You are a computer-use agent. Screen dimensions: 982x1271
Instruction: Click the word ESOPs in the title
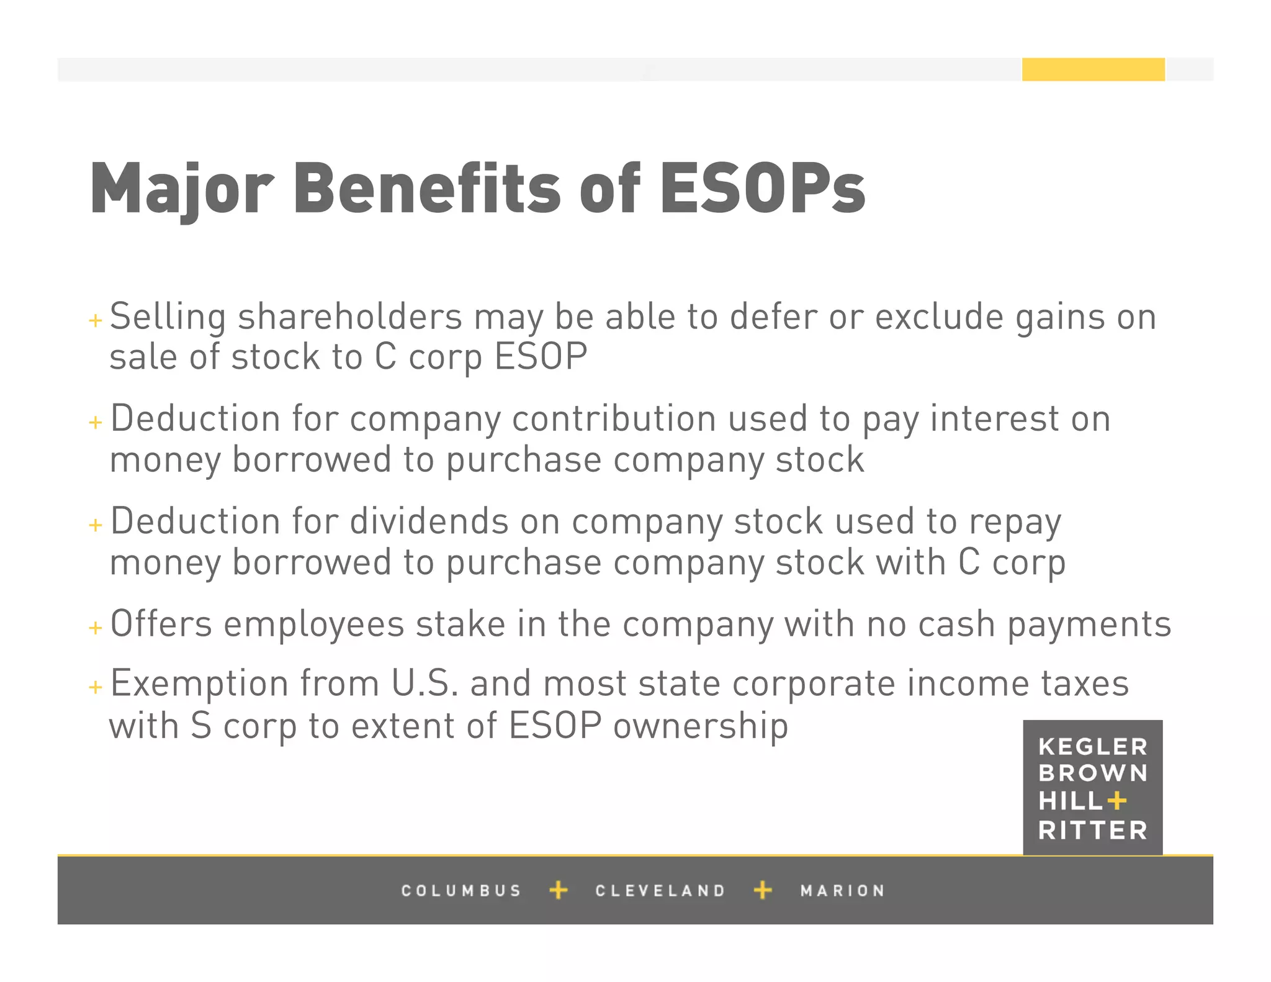762,188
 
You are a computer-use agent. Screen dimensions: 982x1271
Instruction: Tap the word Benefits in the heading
427,188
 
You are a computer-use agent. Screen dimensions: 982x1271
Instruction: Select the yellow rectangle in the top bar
1093,70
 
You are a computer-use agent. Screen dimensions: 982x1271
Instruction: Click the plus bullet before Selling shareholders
95,320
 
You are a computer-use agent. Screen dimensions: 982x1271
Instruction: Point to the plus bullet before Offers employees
95,628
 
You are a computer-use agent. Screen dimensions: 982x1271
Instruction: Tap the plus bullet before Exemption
95,687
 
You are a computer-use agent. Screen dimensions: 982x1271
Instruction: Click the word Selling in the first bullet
168,317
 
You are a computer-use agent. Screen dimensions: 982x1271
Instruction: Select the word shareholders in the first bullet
350,317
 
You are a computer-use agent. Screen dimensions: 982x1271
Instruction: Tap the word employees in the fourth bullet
314,624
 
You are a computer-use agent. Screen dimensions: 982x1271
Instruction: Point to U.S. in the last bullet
424,683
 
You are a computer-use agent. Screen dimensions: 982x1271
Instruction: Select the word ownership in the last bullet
701,726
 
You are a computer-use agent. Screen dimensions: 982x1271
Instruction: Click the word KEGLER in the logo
1092,746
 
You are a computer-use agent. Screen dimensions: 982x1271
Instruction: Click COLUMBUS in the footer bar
461,891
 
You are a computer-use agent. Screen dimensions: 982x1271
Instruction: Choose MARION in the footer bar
842,891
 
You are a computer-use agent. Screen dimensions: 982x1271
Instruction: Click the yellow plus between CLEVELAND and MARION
763,890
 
